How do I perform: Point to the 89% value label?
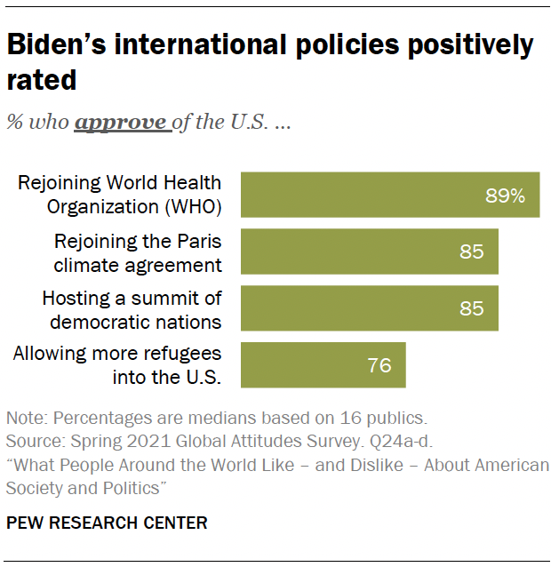click(x=505, y=196)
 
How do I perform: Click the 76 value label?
click(x=379, y=365)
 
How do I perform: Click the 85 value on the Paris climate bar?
click(x=472, y=252)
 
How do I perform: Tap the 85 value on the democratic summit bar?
click(x=472, y=308)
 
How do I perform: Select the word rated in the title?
click(x=42, y=80)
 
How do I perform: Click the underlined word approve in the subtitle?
click(x=120, y=123)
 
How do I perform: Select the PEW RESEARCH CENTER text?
click(x=107, y=523)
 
